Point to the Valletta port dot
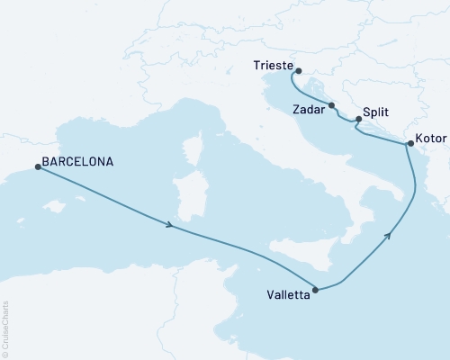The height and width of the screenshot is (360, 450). (315, 290)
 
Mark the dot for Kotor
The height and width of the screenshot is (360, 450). (409, 144)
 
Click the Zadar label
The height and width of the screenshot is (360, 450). (310, 108)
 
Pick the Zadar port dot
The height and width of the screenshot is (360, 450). (332, 105)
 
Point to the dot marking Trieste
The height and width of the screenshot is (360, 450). (298, 71)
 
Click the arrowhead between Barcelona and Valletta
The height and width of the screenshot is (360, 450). (169, 224)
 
